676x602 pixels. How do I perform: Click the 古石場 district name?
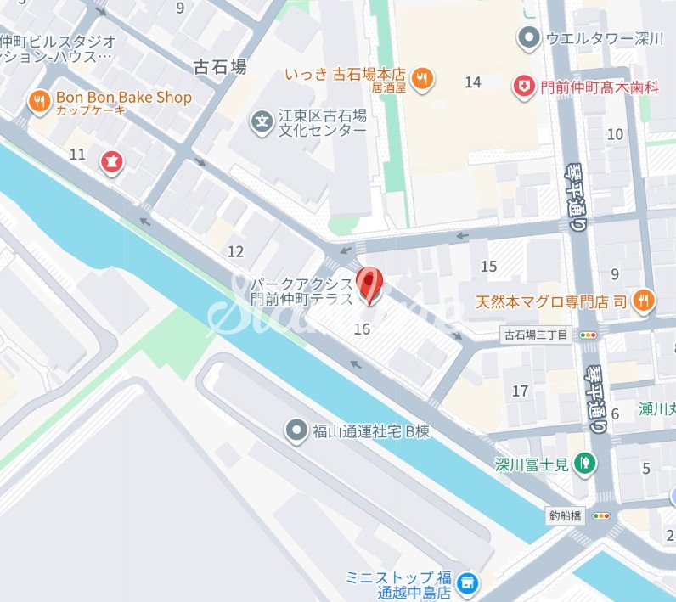pos(220,65)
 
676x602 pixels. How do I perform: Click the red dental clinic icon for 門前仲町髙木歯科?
pos(522,85)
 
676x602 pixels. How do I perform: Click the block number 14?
pos(473,82)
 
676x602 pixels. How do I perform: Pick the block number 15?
pos(488,267)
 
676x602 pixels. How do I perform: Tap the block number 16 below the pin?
pos(362,329)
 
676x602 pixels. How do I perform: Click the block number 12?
pos(235,251)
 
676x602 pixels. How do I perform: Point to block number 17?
pos(520,391)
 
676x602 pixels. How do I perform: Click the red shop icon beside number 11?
pos(111,160)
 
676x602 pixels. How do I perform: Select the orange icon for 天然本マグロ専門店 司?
pos(643,299)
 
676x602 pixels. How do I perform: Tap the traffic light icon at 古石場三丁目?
pos(587,335)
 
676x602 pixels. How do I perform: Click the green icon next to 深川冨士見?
pos(583,463)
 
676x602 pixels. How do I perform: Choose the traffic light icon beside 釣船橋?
pos(601,515)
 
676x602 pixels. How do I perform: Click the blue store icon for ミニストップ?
pos(465,583)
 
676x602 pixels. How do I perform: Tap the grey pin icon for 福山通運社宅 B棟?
pos(296,431)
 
